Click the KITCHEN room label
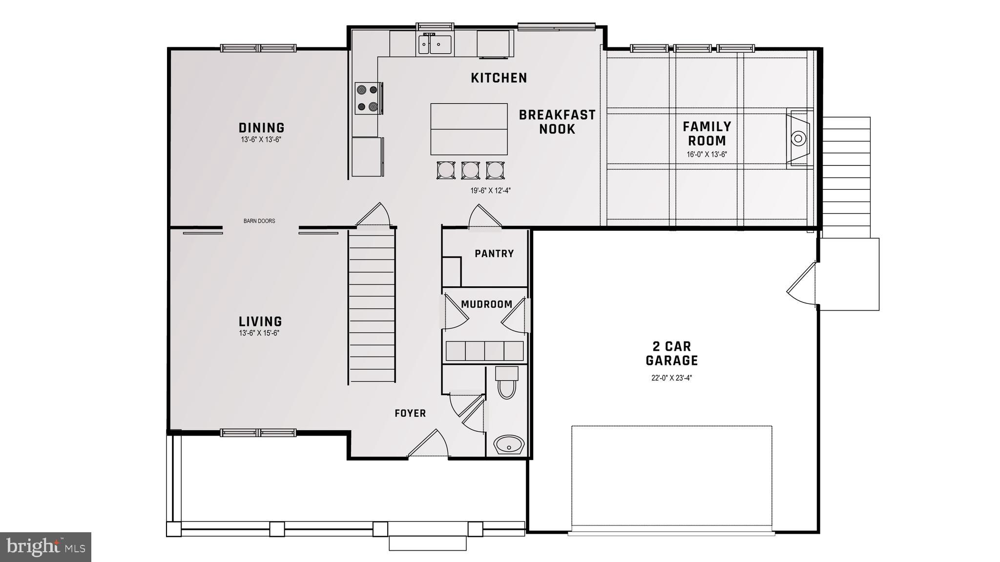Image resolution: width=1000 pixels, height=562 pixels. pos(499,78)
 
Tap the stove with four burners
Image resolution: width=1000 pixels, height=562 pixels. pos(368,98)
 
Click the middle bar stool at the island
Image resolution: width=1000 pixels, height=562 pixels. pos(470,170)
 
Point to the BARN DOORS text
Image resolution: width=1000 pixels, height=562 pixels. pos(259,221)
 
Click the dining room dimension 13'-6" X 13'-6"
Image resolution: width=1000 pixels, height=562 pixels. pos(261,140)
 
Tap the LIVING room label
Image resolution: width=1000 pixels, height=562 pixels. pos(260,321)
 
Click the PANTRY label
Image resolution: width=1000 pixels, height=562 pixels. pos(494,254)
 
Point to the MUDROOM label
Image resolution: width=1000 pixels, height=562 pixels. pos(486,304)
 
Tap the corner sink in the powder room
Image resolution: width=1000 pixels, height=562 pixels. pos(509,445)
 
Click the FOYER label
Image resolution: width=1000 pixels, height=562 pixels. pos(410,414)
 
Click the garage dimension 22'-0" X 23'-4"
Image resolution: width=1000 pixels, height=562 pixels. pos(671,378)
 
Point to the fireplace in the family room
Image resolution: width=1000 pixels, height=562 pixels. pos(798,139)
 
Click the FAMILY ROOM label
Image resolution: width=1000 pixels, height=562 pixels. pos(707,134)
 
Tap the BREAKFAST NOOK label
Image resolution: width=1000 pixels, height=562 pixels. pos(557,122)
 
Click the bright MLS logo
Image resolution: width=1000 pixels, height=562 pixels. pos(45,547)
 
